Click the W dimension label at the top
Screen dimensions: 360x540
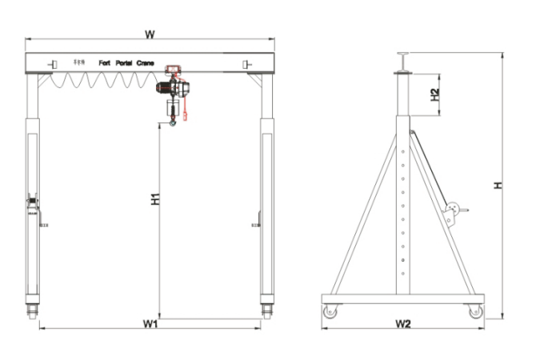click(149, 34)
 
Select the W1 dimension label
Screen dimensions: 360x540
click(150, 323)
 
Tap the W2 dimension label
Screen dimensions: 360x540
click(402, 324)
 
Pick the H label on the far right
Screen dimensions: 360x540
click(497, 185)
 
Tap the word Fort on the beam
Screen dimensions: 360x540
click(103, 62)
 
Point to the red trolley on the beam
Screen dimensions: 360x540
click(172, 70)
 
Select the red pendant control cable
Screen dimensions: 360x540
click(185, 104)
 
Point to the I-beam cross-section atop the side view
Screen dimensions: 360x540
click(402, 61)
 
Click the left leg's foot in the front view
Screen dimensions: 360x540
click(33, 310)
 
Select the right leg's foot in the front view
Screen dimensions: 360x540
click(266, 310)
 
